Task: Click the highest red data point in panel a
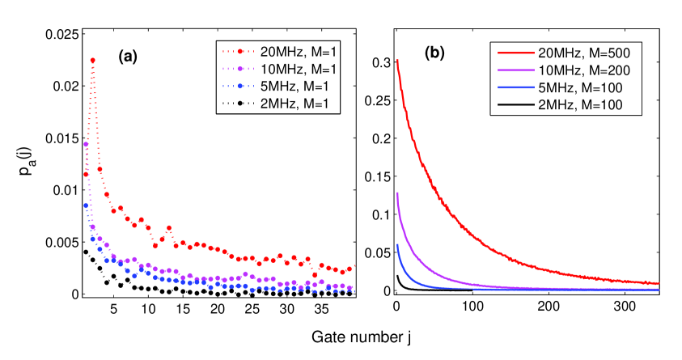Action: click(93, 61)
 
